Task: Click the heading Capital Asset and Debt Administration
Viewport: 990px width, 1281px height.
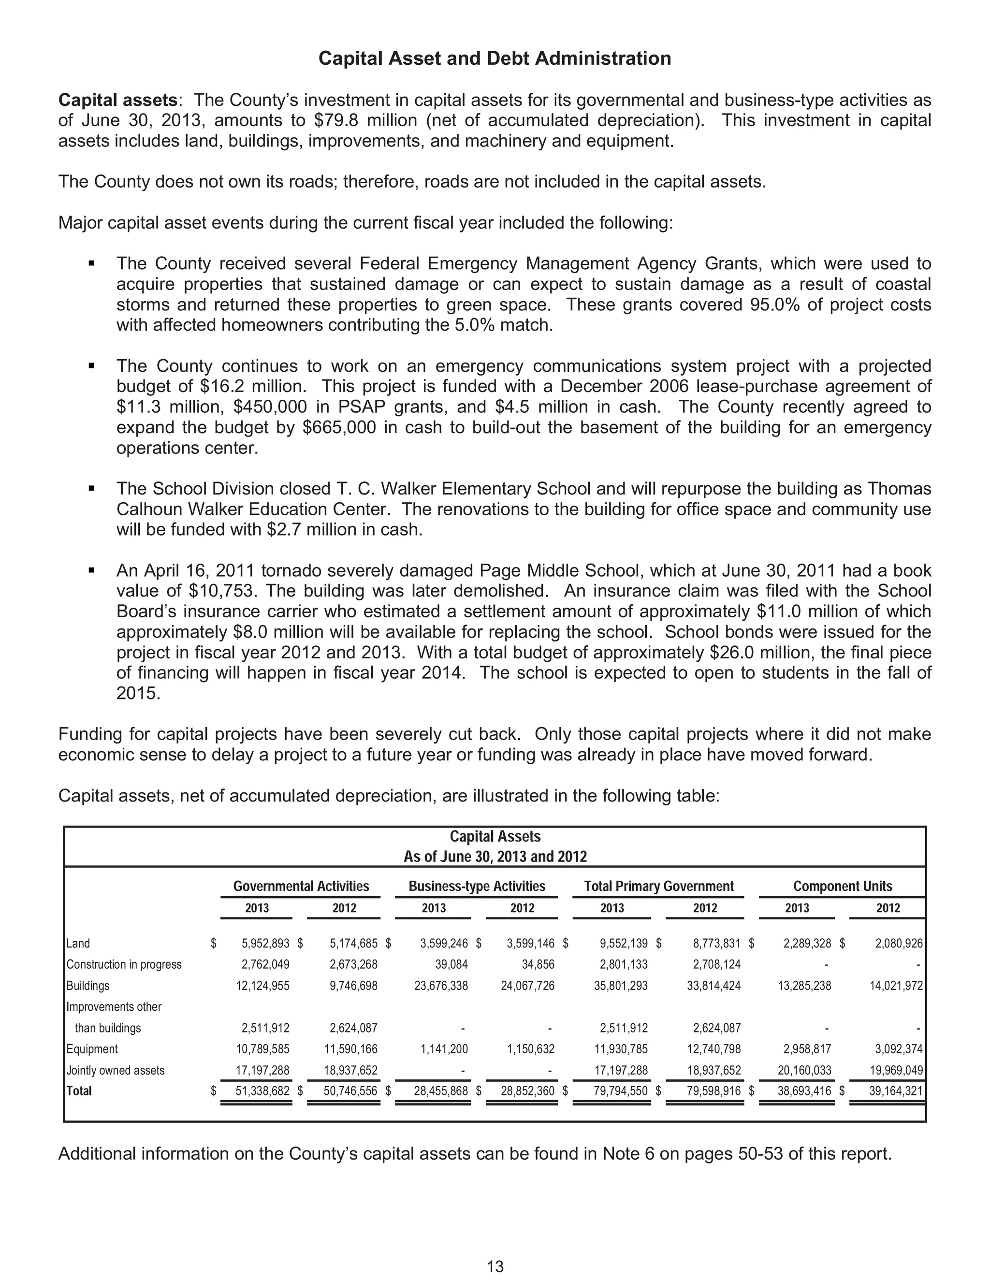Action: (x=495, y=58)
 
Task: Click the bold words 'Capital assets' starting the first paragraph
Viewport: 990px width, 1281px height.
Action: (x=117, y=100)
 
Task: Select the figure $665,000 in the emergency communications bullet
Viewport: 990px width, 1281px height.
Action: (x=339, y=428)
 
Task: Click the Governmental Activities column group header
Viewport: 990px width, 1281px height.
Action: (x=301, y=886)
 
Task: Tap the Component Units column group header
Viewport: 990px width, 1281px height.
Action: (x=842, y=886)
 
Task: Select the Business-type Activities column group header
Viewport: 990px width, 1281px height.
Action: (x=477, y=886)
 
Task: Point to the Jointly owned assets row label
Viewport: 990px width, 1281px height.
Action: (x=115, y=1070)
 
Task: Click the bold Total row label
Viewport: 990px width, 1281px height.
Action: (x=79, y=1091)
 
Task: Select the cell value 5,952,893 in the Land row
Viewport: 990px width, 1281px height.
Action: (x=265, y=944)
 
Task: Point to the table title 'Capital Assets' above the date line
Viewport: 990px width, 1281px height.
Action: (x=495, y=837)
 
